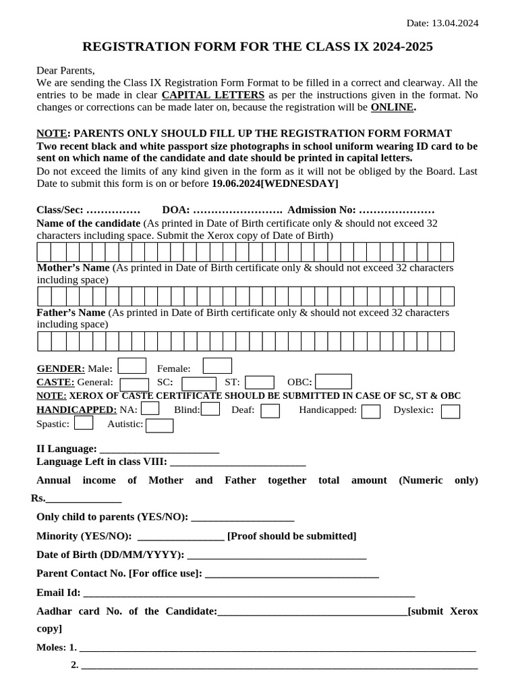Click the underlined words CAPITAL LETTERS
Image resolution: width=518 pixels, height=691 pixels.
pos(213,95)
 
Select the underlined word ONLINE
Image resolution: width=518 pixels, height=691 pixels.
pos(393,107)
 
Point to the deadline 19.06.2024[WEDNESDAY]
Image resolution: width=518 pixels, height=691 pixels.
pos(275,184)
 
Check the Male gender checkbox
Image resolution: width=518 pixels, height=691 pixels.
pos(132,366)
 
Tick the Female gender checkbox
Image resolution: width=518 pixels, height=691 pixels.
pos(217,366)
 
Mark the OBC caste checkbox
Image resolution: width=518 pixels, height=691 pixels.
pos(333,382)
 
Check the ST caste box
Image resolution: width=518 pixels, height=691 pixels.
pos(259,383)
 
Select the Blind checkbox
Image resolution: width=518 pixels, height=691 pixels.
pos(210,409)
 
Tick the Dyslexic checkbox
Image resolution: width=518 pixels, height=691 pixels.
pos(451,411)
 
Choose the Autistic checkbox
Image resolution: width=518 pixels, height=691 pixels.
pos(159,425)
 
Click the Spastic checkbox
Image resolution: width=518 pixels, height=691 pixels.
pos(84,423)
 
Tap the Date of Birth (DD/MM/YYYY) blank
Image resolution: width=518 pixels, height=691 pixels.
pos(277,555)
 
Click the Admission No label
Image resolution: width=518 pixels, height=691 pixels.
pos(321,210)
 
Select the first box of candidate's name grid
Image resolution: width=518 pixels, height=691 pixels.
pos(44,252)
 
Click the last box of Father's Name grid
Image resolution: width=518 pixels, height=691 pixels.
pos(447,341)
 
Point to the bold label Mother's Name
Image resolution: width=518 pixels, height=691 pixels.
pos(73,268)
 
